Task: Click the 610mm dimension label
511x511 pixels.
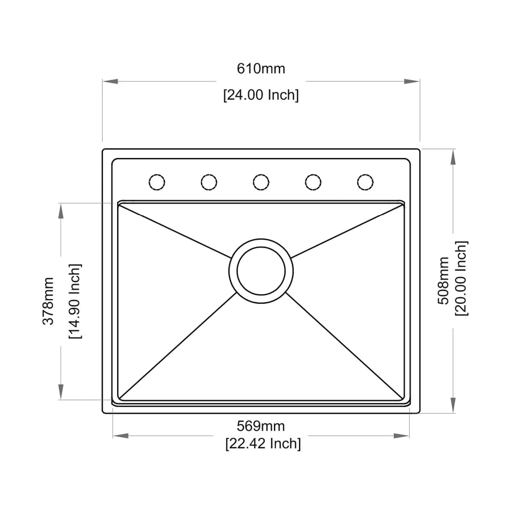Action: tap(261, 69)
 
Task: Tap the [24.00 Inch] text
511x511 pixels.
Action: tap(261, 95)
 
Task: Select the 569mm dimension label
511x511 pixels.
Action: tap(261, 426)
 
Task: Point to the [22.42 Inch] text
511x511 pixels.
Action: tap(263, 443)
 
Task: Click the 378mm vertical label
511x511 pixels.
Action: tap(48, 301)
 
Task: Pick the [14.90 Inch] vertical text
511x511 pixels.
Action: tap(75, 301)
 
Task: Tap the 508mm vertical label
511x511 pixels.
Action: tap(443, 281)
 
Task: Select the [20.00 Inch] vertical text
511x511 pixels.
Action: tap(462, 278)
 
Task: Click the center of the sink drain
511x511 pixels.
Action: tap(261, 271)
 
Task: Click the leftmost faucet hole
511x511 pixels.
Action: tap(157, 182)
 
